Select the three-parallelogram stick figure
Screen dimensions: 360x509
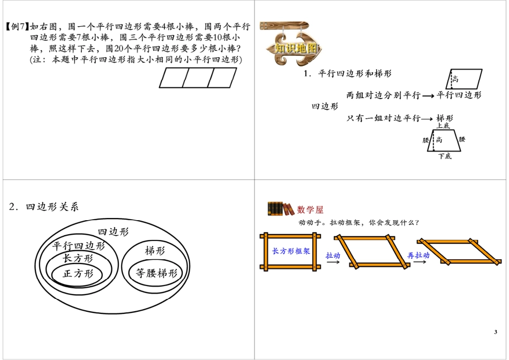tap(198, 78)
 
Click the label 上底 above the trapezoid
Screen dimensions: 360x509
tap(444, 125)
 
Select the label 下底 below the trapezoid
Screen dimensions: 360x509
tap(445, 156)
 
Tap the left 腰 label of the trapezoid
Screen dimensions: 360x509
tap(426, 140)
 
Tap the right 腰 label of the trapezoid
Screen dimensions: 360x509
tap(462, 139)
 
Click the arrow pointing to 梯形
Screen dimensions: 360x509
tap(427, 119)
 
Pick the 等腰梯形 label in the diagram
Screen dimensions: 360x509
tap(156, 273)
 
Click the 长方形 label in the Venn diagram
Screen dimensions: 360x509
tap(78, 258)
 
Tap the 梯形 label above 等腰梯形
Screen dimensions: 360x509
tap(155, 251)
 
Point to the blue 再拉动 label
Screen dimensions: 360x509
tap(418, 256)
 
